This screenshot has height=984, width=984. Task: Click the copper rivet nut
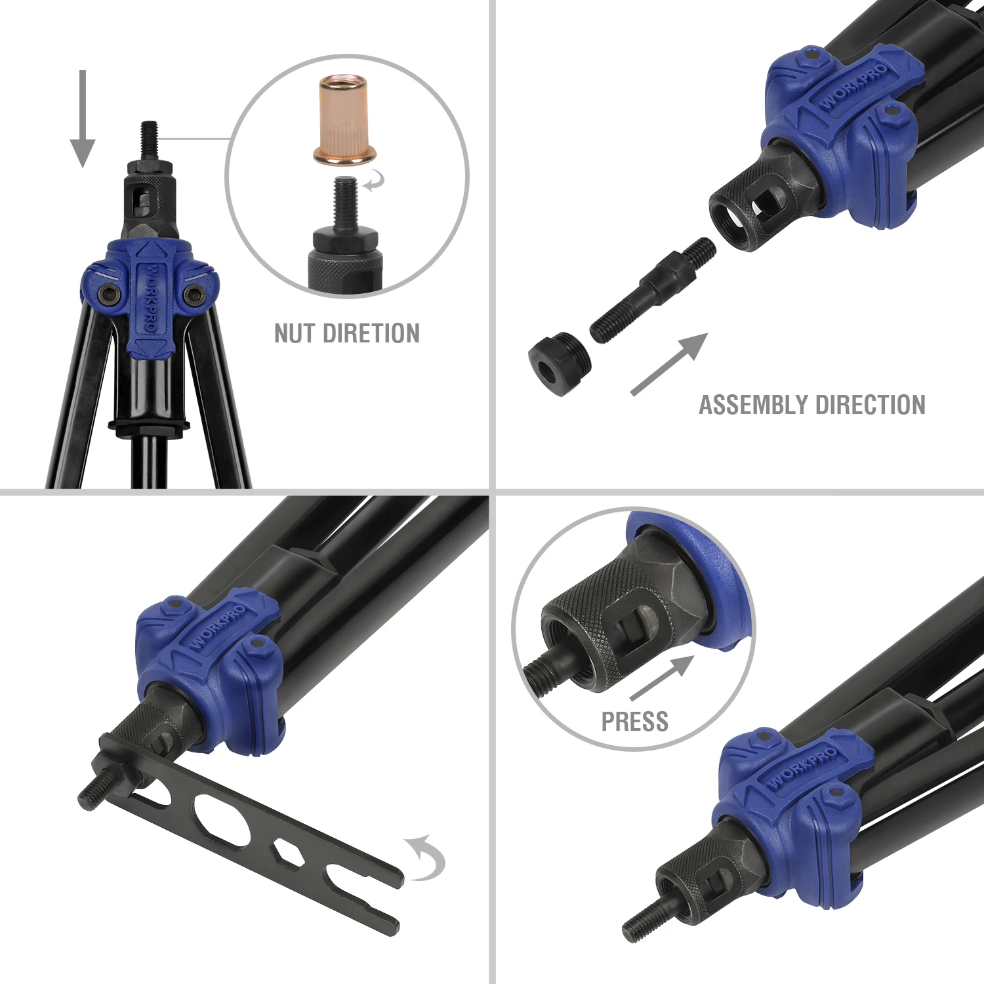coord(344,121)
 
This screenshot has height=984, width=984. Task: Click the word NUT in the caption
coord(294,333)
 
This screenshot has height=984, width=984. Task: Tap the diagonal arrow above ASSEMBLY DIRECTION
coord(669,364)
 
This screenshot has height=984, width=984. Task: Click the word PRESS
coord(634,722)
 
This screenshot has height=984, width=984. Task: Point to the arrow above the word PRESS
coord(661,678)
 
